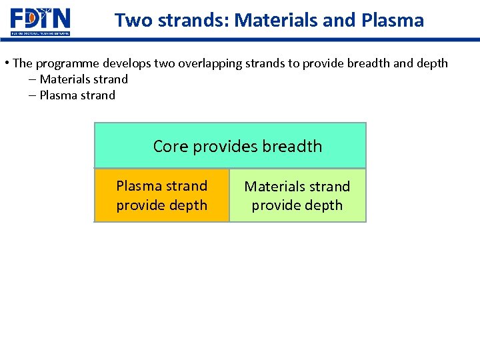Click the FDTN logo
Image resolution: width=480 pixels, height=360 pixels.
40,21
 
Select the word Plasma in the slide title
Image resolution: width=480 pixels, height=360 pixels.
393,21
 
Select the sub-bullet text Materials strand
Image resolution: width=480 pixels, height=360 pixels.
83,79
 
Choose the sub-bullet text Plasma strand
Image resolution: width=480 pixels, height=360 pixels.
77,95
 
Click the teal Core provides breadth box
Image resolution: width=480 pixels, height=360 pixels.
230,145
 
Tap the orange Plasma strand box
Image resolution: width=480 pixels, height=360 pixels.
162,195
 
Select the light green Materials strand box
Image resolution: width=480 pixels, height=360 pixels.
297,195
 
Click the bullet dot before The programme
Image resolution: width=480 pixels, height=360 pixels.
6,63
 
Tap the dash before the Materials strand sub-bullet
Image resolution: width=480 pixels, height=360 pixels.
32,79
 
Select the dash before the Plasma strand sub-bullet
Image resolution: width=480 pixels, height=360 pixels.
32,95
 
